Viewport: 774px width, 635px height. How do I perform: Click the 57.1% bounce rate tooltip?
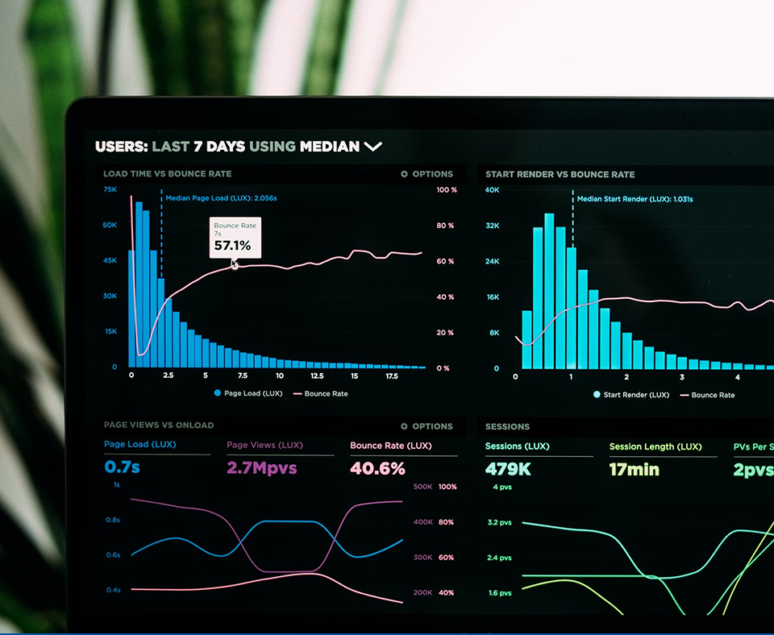tap(235, 238)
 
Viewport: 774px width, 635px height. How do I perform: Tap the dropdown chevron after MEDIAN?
tap(372, 147)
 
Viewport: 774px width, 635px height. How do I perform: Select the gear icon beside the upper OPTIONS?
tap(405, 174)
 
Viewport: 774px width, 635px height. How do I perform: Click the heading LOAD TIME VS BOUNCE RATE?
tap(167, 174)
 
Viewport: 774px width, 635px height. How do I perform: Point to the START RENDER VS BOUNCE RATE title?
tap(560, 174)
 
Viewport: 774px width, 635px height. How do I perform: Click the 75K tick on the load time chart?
tap(110, 189)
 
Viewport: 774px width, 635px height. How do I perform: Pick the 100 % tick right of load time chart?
tap(447, 190)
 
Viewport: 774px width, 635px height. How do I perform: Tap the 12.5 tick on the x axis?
tap(317, 376)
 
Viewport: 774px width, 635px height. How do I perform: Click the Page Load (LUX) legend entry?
tap(248, 394)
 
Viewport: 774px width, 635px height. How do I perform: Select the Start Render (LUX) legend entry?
tap(630, 395)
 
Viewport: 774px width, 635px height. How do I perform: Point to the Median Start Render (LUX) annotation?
tap(635, 199)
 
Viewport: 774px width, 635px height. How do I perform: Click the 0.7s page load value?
tap(122, 467)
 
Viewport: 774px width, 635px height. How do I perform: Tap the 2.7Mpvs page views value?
tap(261, 468)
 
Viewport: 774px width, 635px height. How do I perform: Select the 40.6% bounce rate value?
tap(377, 468)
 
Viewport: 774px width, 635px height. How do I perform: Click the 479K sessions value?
tap(508, 469)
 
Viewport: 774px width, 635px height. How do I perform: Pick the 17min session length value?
tap(634, 469)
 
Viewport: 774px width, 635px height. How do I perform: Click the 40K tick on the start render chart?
tap(492, 190)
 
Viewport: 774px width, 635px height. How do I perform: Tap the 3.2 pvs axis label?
tap(500, 523)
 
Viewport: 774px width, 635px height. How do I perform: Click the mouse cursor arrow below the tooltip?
tap(235, 264)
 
